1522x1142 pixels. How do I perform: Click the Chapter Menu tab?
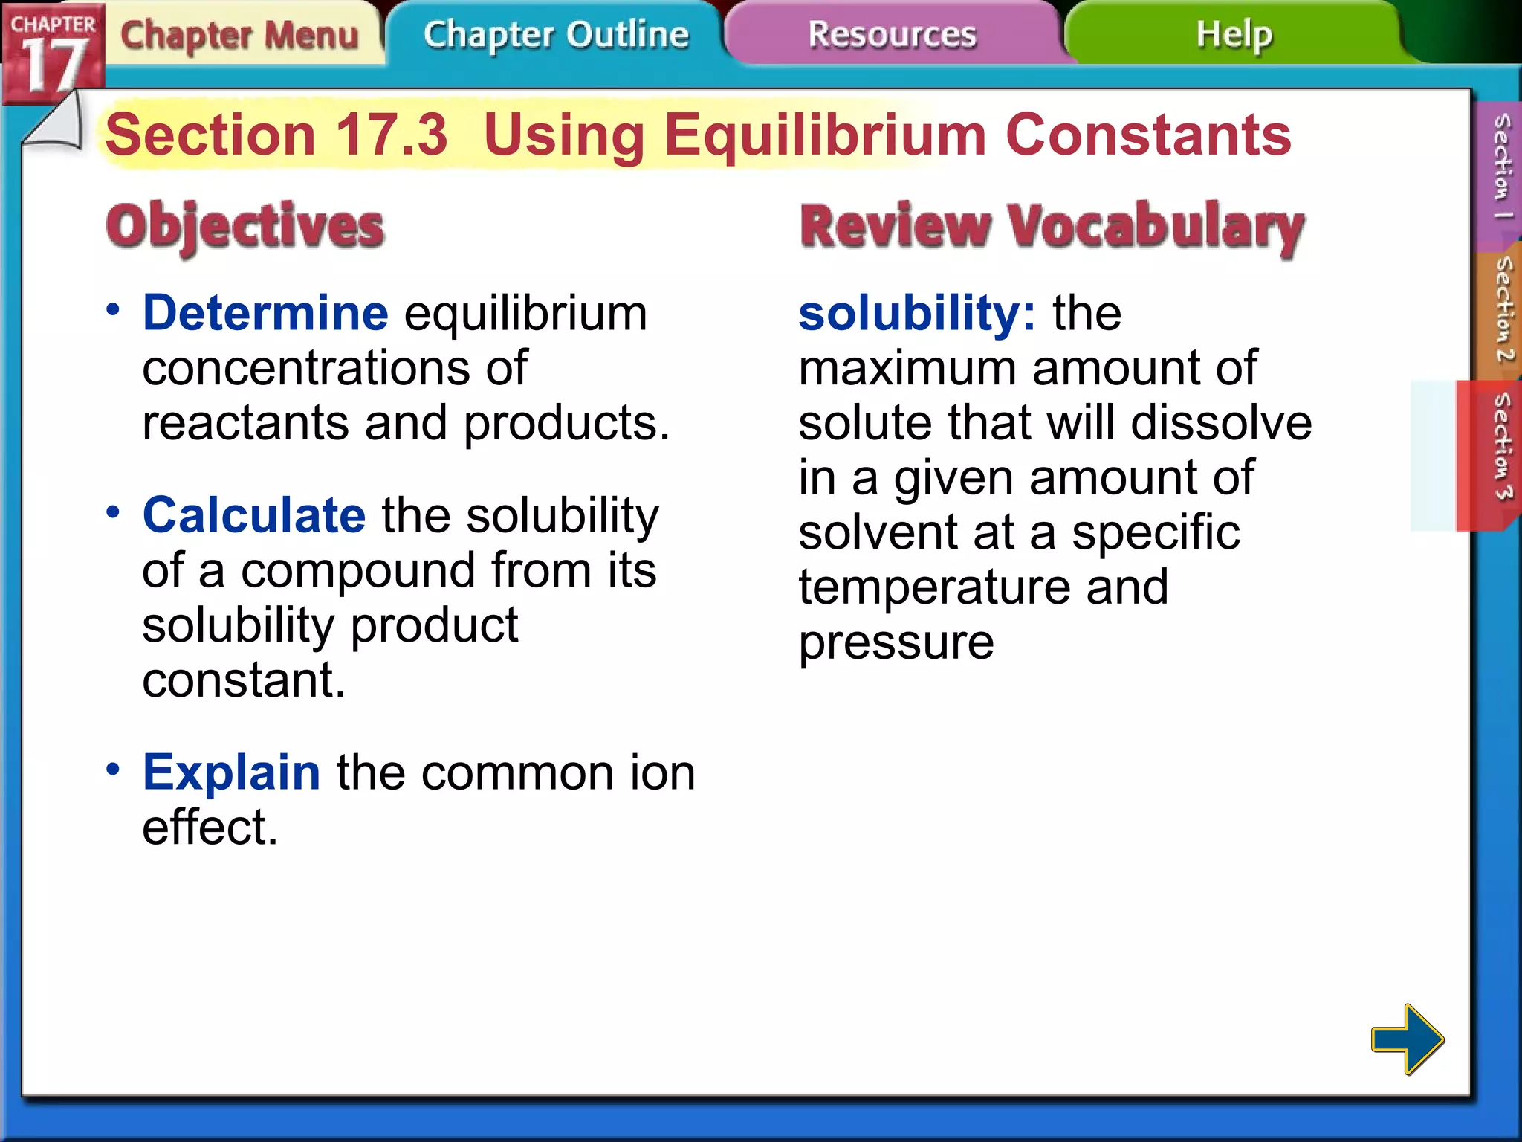[x=239, y=35]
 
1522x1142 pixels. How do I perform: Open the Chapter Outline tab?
[x=556, y=35]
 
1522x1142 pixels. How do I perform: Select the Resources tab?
[x=892, y=35]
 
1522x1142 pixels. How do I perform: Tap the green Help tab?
[x=1234, y=35]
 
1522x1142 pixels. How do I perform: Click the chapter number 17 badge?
[x=52, y=56]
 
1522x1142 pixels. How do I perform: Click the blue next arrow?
[x=1407, y=1039]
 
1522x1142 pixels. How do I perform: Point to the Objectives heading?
[x=245, y=226]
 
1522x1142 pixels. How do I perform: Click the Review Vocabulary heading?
[x=1052, y=226]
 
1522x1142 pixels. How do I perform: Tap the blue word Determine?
[x=265, y=313]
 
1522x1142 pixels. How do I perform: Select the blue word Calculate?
[x=254, y=515]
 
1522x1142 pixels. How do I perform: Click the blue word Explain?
[x=232, y=772]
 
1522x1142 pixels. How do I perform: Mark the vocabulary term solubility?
[x=916, y=313]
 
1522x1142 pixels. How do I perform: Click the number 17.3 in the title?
[x=392, y=135]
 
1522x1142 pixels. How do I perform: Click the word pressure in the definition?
[x=896, y=643]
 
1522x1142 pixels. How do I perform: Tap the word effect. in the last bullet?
[x=210, y=828]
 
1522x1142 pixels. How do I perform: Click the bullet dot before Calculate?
[x=113, y=512]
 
